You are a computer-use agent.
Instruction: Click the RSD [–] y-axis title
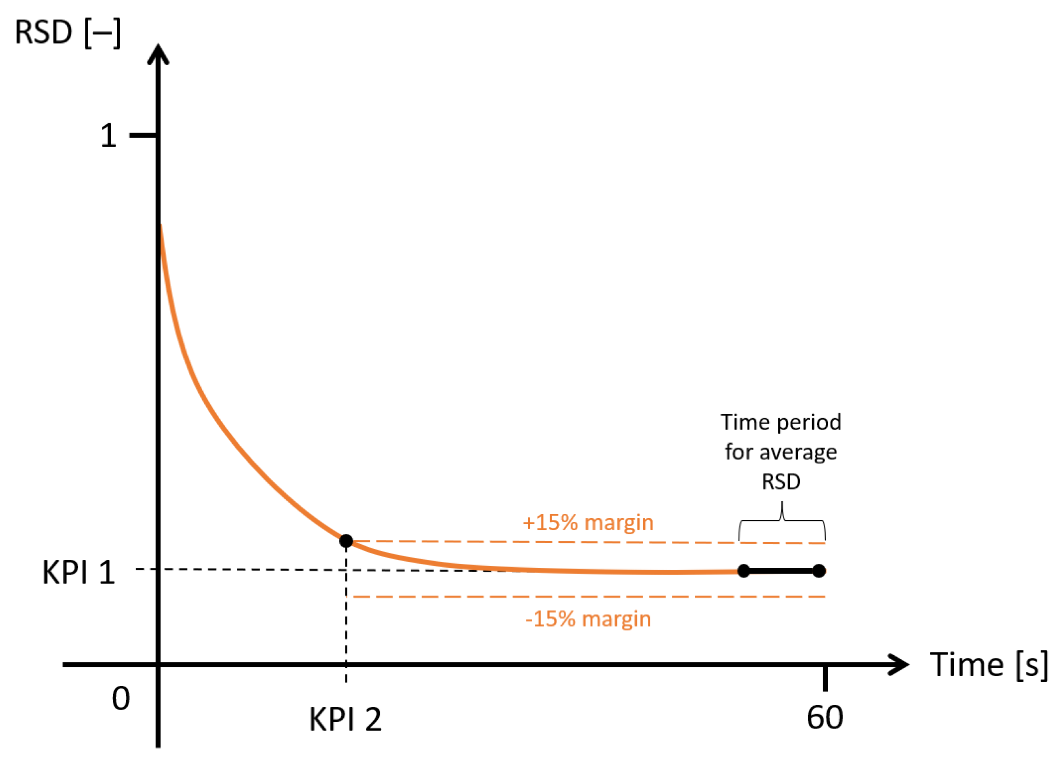[68, 33]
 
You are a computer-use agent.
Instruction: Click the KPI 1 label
[78, 572]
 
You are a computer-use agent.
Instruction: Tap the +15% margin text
[588, 522]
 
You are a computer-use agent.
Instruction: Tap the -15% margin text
[588, 619]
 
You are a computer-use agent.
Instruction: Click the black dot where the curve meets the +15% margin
[346, 541]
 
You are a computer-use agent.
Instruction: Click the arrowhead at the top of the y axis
[158, 54]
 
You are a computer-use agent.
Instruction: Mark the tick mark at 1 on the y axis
[143, 135]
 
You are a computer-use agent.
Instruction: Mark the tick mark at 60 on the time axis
[825, 678]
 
